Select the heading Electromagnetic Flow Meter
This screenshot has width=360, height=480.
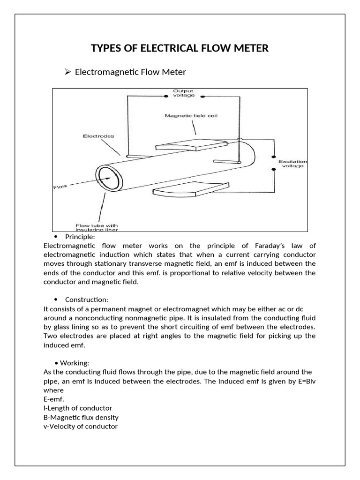click(x=130, y=72)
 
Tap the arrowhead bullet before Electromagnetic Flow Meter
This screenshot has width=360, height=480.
click(x=67, y=72)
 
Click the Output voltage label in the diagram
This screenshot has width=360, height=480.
click(x=183, y=93)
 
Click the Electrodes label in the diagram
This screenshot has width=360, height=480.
click(x=98, y=136)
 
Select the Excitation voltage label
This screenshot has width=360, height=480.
click(x=291, y=164)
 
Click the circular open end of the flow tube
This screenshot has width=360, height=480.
click(x=109, y=178)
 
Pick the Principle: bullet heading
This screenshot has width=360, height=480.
click(x=80, y=237)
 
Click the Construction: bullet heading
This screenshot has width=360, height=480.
click(x=87, y=300)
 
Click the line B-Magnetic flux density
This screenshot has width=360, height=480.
click(x=81, y=417)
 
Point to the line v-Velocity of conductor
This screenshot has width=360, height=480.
click(x=80, y=427)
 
